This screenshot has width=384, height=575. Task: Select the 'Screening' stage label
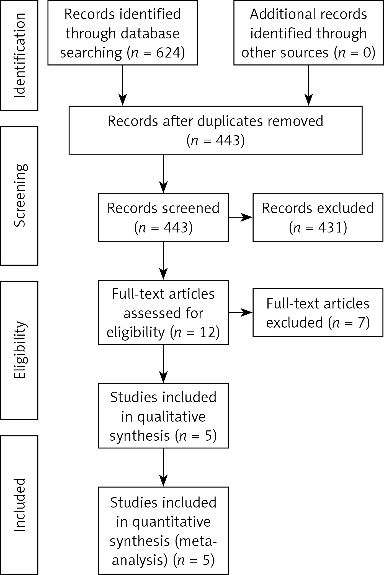tap(20, 196)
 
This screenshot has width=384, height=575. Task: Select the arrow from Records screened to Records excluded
tap(240, 217)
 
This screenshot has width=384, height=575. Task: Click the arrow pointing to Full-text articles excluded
tap(240, 313)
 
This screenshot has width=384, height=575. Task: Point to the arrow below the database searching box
tap(122, 85)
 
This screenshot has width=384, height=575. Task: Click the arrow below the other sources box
tap(308, 85)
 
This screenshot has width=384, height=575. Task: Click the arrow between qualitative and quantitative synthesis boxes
tap(163, 467)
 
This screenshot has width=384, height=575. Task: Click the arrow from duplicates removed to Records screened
tap(163, 174)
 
